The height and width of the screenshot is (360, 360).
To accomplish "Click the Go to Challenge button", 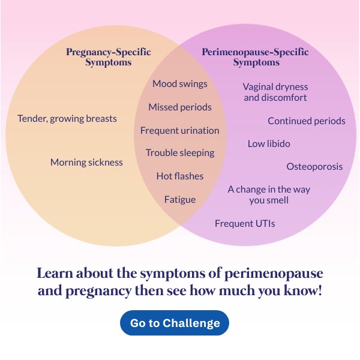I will point(175,323).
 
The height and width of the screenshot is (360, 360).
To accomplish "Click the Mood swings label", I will point(180,84).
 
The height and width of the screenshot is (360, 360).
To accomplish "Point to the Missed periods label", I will point(180,107).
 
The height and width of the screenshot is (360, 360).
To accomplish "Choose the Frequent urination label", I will point(180,130).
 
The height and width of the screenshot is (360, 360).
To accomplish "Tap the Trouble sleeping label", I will point(180,153).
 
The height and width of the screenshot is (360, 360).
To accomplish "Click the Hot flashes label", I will point(180,176).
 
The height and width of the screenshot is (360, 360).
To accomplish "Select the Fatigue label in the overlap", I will point(180,199).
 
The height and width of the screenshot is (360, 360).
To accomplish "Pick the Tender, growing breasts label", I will point(67,119).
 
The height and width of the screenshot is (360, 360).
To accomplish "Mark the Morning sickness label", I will point(86,163).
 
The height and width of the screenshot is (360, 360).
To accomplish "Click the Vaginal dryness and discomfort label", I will point(275,92).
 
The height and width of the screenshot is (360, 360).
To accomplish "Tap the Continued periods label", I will point(307,121).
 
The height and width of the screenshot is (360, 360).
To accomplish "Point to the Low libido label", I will point(269,144).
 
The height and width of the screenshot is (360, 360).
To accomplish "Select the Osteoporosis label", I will point(314,166).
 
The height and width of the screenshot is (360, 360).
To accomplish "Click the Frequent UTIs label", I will point(245,224).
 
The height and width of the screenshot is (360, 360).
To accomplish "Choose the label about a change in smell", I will point(269,194).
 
